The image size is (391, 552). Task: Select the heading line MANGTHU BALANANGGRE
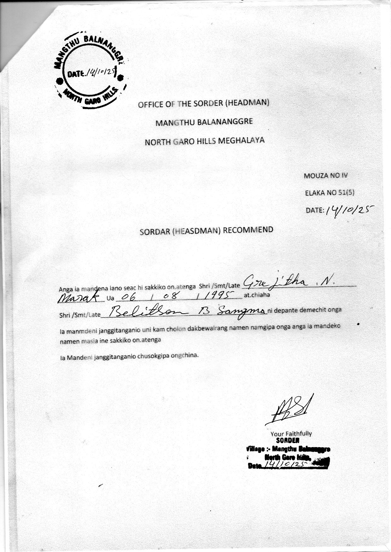click(204, 122)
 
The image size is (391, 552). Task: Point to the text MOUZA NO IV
click(325, 176)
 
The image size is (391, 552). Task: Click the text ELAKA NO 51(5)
click(327, 193)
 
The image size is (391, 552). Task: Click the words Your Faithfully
click(291, 434)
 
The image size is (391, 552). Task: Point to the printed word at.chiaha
click(256, 295)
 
